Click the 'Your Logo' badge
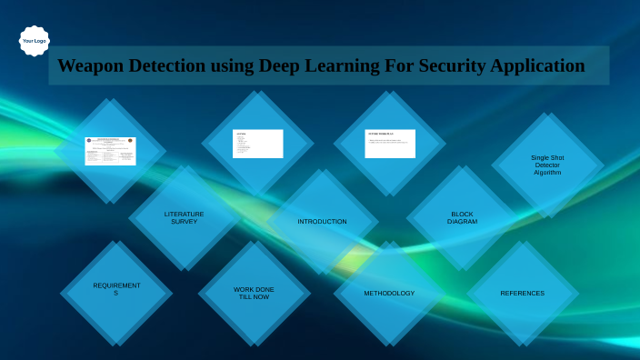click(x=35, y=41)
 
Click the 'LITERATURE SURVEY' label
click(x=184, y=218)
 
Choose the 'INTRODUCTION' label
click(x=322, y=221)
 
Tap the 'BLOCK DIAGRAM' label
click(x=462, y=218)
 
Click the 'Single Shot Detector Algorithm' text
click(x=547, y=165)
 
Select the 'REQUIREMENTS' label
click(x=116, y=289)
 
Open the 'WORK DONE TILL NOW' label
click(x=254, y=293)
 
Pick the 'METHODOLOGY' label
click(x=389, y=293)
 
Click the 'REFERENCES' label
click(x=522, y=293)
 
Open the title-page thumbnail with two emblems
click(x=110, y=151)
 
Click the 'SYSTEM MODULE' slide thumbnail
click(x=390, y=144)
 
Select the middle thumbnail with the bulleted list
click(x=257, y=144)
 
